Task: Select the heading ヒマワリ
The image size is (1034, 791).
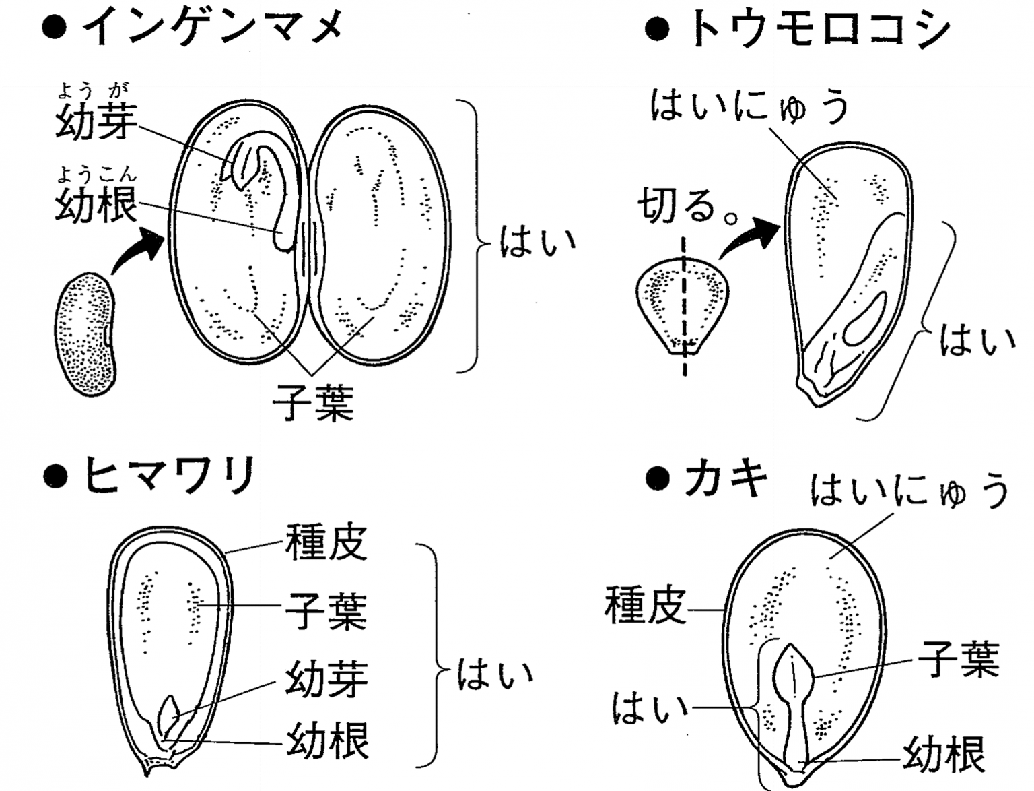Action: point(168,476)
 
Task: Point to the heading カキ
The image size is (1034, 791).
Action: point(726,480)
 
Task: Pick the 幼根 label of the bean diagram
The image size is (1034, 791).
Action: point(96,203)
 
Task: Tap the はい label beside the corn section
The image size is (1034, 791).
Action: point(977,340)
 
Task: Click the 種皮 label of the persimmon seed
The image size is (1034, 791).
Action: point(645,604)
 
